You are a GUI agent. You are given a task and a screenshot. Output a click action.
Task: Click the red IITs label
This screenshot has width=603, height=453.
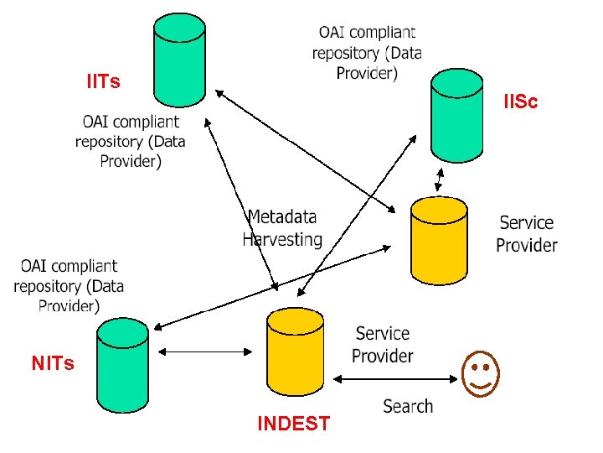[x=104, y=81]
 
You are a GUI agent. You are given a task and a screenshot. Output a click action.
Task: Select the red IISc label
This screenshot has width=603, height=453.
[x=521, y=102]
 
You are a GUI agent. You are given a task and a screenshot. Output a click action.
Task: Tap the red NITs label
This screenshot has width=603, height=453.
[x=53, y=363]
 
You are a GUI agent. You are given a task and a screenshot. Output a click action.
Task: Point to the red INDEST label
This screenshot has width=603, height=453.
[x=294, y=424]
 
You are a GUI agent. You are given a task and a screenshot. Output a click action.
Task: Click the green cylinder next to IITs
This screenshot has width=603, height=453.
[x=179, y=60]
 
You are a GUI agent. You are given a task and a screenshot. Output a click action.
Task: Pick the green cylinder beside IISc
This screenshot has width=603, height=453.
[x=457, y=116]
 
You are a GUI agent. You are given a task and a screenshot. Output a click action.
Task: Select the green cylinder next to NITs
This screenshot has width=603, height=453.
[x=122, y=365]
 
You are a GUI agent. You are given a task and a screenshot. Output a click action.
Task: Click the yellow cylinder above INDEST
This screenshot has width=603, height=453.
[x=295, y=351]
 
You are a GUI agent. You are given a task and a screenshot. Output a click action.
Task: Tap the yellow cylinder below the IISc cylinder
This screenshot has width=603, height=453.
[x=439, y=241]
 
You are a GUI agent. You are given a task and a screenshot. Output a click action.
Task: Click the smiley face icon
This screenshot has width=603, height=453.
[x=481, y=373]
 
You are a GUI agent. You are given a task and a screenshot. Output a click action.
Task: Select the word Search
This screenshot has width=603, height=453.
[x=408, y=406]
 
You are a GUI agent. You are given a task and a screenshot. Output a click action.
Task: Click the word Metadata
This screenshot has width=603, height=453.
[x=282, y=217]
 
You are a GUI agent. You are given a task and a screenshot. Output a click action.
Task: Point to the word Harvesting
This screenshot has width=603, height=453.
[x=282, y=240]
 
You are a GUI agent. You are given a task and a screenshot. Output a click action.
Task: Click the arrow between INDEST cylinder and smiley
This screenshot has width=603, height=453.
[x=395, y=379]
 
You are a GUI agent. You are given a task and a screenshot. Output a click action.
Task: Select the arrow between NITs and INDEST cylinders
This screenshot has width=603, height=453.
[x=205, y=351]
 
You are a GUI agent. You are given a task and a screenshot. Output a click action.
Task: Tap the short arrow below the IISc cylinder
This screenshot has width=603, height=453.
[x=439, y=180]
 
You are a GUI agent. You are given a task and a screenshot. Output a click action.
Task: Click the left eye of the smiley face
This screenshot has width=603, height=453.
[x=475, y=367]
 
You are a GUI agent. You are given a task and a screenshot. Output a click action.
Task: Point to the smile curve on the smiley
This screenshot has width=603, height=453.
[x=481, y=385]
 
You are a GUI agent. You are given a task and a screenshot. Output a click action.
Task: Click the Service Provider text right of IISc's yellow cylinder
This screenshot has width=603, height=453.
[x=527, y=234]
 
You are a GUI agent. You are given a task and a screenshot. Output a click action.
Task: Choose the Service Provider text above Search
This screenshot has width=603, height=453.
[x=382, y=345]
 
